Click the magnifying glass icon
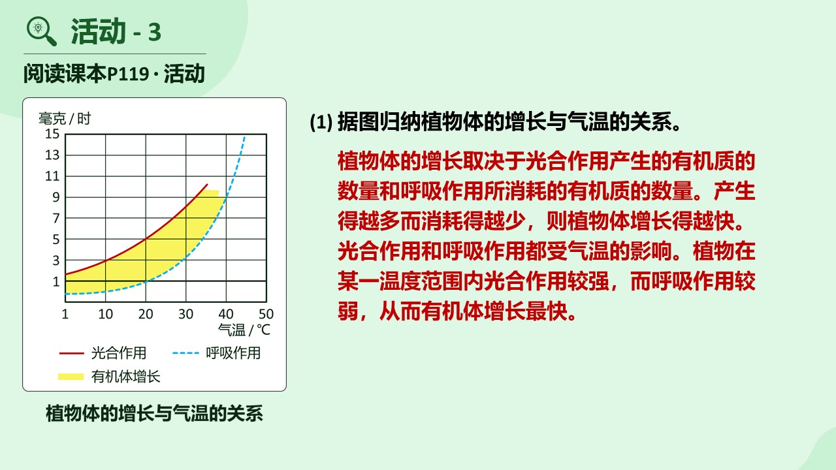[41, 31]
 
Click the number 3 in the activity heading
[155, 32]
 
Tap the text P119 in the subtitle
[129, 74]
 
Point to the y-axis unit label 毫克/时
[65, 119]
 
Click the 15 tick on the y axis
[52, 134]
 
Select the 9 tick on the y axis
[56, 197]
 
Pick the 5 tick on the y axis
[56, 239]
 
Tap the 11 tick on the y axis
[52, 176]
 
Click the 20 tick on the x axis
[146, 314]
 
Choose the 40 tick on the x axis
[226, 314]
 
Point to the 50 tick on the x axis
[266, 314]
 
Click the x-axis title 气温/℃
[244, 330]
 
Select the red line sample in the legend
[72, 353]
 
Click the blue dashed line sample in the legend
[185, 353]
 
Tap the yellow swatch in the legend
[71, 377]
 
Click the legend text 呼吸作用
[233, 353]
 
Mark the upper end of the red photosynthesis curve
[207, 184]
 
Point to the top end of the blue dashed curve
[244, 137]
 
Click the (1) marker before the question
[321, 121]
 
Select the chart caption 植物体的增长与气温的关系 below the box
[154, 413]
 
